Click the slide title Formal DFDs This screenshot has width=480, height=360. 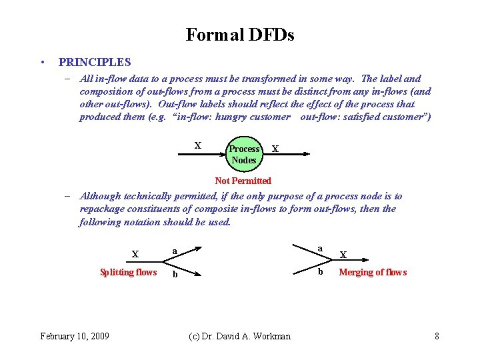coord(240,35)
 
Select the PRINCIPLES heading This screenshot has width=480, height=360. coord(95,62)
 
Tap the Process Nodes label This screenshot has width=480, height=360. coord(244,154)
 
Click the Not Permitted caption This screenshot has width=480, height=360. coord(243,181)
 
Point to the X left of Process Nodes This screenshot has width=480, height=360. coord(197,145)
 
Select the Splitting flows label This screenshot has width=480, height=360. coord(128,272)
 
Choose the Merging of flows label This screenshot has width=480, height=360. coord(373,272)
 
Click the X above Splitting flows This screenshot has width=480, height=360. coord(135,254)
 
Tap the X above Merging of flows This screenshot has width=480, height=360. coord(343,254)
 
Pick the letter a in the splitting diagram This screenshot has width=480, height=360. coord(175,251)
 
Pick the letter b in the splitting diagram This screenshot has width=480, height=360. coord(175,274)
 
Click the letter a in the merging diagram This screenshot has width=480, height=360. coord(320,248)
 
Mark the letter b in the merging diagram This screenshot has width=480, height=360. coord(320,271)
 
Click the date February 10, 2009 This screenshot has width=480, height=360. coord(75,336)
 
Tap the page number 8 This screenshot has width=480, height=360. coord(437,336)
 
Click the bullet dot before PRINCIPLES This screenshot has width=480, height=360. coord(42,63)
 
